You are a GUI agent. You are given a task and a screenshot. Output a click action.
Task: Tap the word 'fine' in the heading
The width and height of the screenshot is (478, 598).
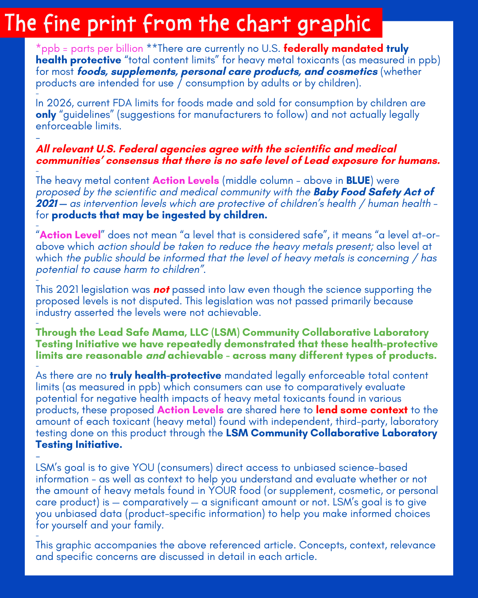tap(62, 23)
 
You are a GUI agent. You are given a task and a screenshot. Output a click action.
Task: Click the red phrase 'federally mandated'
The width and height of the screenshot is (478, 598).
tap(333, 49)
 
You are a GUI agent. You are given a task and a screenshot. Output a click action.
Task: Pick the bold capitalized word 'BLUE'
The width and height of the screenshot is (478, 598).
tap(358, 181)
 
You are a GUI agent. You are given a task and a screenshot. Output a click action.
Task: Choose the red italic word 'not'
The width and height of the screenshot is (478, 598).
tap(162, 290)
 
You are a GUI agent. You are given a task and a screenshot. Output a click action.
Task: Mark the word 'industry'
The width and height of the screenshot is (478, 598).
tap(54, 313)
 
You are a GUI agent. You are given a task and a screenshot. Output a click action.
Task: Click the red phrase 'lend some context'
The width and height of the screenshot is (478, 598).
tap(362, 410)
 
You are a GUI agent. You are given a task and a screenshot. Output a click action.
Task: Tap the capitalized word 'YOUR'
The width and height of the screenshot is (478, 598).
tap(223, 491)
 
